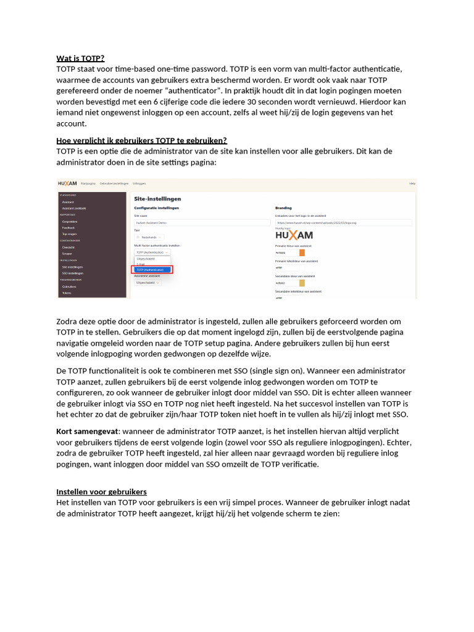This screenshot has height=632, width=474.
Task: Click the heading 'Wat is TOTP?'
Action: [80, 59]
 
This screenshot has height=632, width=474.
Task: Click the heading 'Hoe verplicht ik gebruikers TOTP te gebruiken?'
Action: [142, 140]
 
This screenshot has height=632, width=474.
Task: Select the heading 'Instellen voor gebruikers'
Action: [101, 491]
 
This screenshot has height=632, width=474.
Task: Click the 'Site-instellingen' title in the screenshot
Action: [157, 199]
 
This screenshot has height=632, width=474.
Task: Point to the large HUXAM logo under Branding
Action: [294, 235]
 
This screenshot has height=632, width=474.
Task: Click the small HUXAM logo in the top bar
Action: [67, 183]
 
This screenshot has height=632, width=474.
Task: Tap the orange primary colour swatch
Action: [302, 252]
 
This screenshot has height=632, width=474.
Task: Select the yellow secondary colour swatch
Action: [302, 283]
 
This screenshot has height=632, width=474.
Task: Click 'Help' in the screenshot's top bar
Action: [412, 183]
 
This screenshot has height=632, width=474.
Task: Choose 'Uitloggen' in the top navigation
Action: [139, 183]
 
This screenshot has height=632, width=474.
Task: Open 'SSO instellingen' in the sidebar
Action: [72, 273]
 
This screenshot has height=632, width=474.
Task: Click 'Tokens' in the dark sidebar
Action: [67, 293]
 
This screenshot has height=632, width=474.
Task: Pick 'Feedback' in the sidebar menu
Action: [68, 227]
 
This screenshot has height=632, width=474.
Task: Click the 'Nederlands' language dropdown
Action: [149, 237]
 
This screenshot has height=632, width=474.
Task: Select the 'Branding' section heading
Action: [283, 208]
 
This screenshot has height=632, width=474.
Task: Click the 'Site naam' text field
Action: [202, 222]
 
